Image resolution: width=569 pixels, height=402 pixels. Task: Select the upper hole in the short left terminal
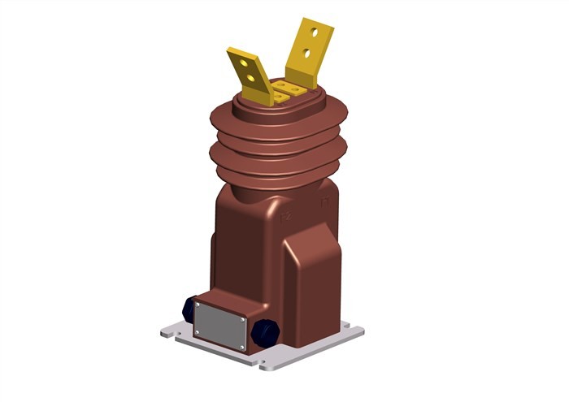245,63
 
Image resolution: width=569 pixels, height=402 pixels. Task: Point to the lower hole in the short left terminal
253,79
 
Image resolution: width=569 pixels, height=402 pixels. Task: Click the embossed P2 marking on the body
285,216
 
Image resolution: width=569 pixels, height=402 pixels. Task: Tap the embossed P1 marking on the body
324,202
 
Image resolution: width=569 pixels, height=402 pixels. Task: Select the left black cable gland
189,309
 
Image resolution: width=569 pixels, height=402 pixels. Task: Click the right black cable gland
263,332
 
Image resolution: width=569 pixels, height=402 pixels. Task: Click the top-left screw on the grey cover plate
198,306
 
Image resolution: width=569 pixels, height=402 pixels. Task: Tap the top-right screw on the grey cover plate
243,321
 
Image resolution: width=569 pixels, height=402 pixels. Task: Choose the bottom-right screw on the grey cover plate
242,347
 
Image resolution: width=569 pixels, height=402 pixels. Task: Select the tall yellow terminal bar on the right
308,50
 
